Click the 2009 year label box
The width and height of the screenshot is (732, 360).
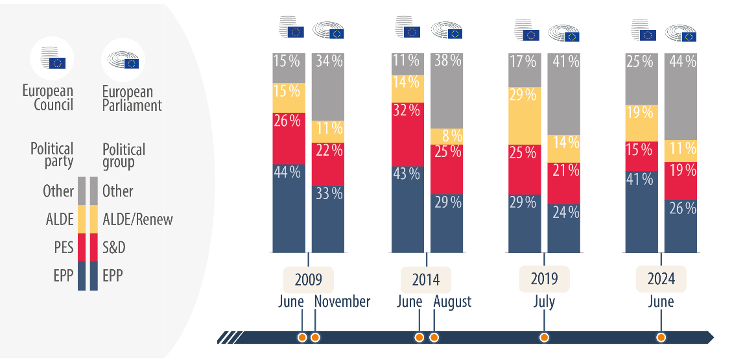[x=308, y=280]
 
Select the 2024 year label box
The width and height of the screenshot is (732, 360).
[x=661, y=279]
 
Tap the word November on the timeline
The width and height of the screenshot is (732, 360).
[x=342, y=302]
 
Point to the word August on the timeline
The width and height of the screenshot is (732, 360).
[x=453, y=302]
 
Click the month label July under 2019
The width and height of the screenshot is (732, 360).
[x=544, y=302]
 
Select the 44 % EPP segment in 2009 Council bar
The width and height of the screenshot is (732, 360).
[x=289, y=208]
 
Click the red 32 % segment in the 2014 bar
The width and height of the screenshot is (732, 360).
[x=407, y=134]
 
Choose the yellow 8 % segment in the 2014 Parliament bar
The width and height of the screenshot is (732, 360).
[x=447, y=136]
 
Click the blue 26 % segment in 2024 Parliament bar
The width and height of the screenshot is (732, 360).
[x=681, y=226]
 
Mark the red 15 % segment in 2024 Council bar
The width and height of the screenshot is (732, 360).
[x=641, y=156]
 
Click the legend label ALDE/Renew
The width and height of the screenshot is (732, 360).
[x=137, y=219]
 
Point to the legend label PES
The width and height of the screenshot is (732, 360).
[x=63, y=248]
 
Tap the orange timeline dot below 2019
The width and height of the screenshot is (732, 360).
[x=544, y=337]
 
